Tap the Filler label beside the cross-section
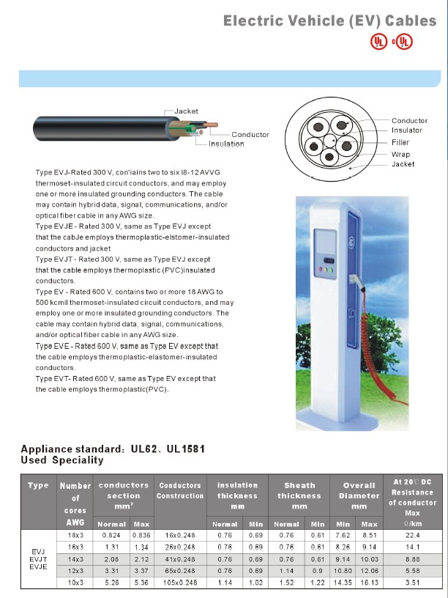point(400,142)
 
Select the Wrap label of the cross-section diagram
point(400,155)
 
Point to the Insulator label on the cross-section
point(406,130)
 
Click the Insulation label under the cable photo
point(226,144)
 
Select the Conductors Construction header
point(180,490)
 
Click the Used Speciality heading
point(62,460)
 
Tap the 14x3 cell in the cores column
point(75,556)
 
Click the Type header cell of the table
point(38,485)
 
